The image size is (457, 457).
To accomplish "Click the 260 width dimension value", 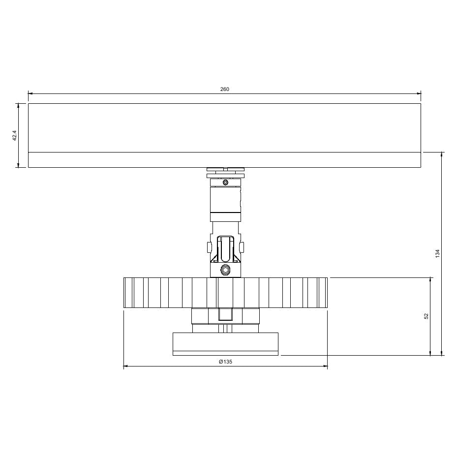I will pyautogui.click(x=224, y=89).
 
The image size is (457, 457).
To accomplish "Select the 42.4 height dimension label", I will pyautogui.click(x=15, y=135).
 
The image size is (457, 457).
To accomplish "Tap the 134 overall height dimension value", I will pyautogui.click(x=437, y=253).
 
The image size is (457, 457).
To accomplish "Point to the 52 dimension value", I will pyautogui.click(x=426, y=316).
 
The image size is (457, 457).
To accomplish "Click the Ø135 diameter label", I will pyautogui.click(x=225, y=362).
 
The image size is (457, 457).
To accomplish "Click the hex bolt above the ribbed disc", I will pyautogui.click(x=225, y=270).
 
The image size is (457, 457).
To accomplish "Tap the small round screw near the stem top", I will pyautogui.click(x=225, y=183).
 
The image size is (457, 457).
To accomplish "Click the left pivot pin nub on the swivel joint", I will pyautogui.click(x=209, y=245).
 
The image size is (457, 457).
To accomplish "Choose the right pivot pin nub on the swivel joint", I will pyautogui.click(x=242, y=245).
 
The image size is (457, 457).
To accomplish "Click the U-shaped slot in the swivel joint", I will pyautogui.click(x=225, y=248).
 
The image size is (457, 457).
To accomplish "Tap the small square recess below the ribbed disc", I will pyautogui.click(x=225, y=315).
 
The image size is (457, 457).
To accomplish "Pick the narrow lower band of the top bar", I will pyautogui.click(x=224, y=160).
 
